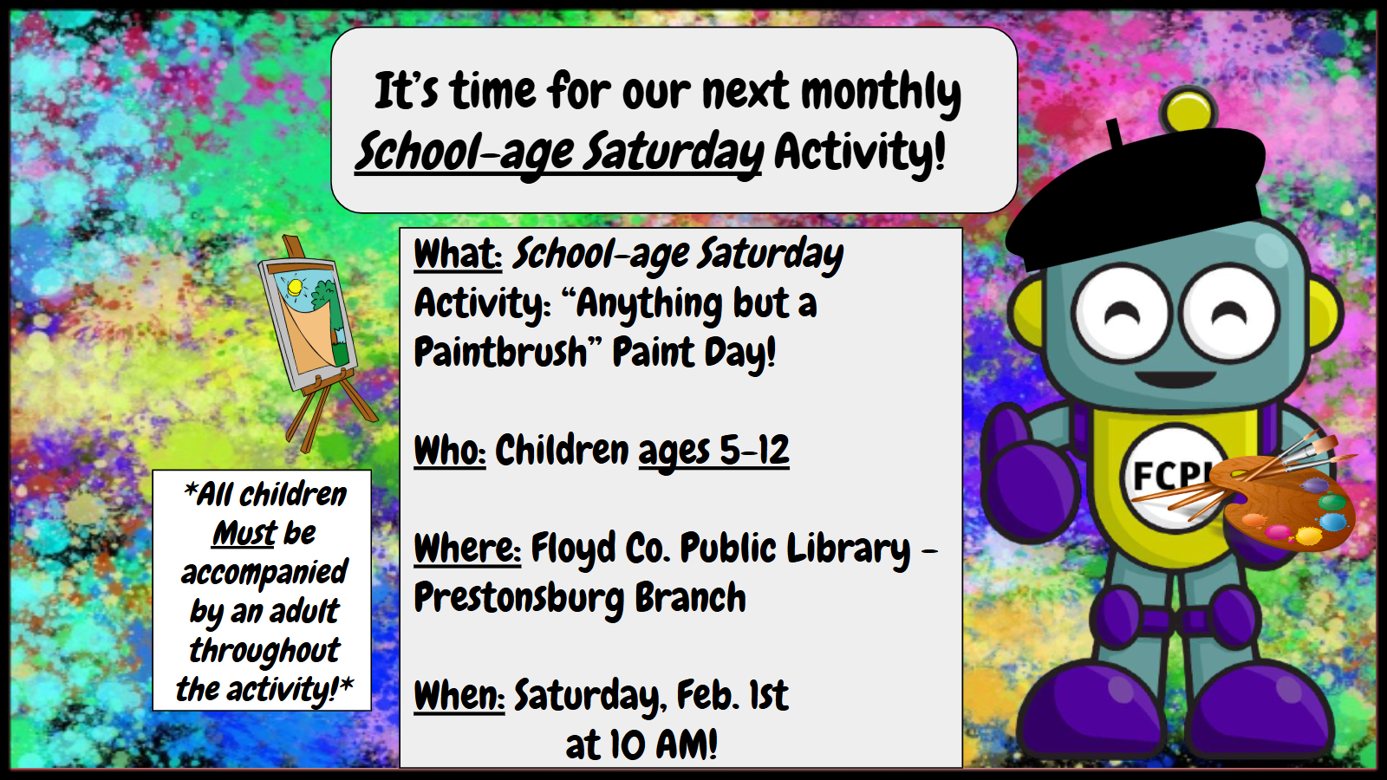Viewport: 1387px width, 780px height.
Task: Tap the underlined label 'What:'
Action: point(458,254)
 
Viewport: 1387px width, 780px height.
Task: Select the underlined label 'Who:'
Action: point(450,450)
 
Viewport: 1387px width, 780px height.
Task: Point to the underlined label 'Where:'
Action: point(467,548)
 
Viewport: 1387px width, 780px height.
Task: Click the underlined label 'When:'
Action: point(459,695)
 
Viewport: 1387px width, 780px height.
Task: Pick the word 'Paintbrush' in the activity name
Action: point(501,352)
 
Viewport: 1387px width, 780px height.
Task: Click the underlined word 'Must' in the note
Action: point(244,533)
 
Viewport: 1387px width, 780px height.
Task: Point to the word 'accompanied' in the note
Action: point(264,573)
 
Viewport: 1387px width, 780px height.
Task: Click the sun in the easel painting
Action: point(294,287)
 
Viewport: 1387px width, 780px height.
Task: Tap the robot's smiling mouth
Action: point(1175,378)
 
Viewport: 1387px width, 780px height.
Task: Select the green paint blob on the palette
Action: point(1332,502)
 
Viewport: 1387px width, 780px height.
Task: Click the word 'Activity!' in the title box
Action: point(860,152)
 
